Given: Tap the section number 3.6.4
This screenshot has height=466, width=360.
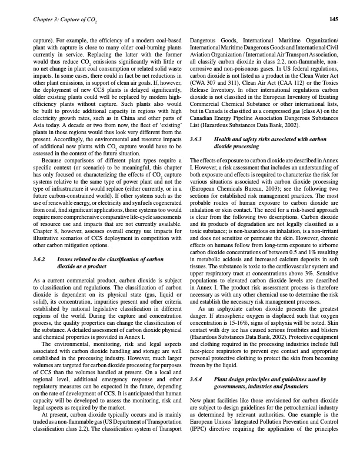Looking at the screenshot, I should tap(198, 380).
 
